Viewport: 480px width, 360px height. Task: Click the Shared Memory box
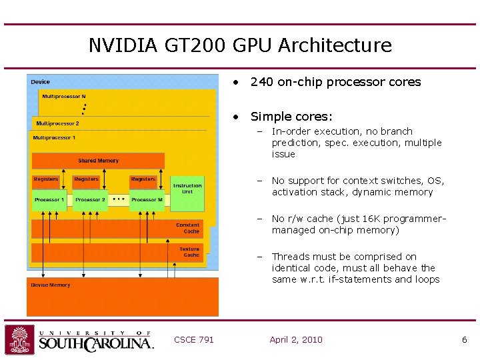click(x=98, y=161)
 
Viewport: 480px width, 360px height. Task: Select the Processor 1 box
click(x=49, y=200)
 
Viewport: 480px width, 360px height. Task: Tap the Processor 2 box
click(x=90, y=200)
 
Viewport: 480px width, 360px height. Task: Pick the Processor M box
click(x=147, y=200)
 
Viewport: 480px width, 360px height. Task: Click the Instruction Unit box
click(x=187, y=194)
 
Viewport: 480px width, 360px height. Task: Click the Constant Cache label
click(x=187, y=228)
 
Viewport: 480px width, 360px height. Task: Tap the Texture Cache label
click(x=189, y=252)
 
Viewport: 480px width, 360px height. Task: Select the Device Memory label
click(x=51, y=285)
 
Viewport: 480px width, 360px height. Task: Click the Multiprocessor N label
click(x=64, y=97)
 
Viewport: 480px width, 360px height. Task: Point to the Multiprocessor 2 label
click(x=57, y=123)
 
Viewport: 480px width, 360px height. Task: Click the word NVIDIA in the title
click(x=123, y=45)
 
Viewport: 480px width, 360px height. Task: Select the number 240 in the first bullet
click(x=261, y=82)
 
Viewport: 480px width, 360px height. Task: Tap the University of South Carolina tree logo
click(x=19, y=339)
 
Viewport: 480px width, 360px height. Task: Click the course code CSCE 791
click(x=194, y=339)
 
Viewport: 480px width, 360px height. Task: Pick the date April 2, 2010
click(x=296, y=339)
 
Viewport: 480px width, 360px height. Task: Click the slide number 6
click(x=465, y=340)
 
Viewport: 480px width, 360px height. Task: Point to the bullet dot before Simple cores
click(x=235, y=117)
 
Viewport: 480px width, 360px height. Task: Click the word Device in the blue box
click(x=40, y=82)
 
